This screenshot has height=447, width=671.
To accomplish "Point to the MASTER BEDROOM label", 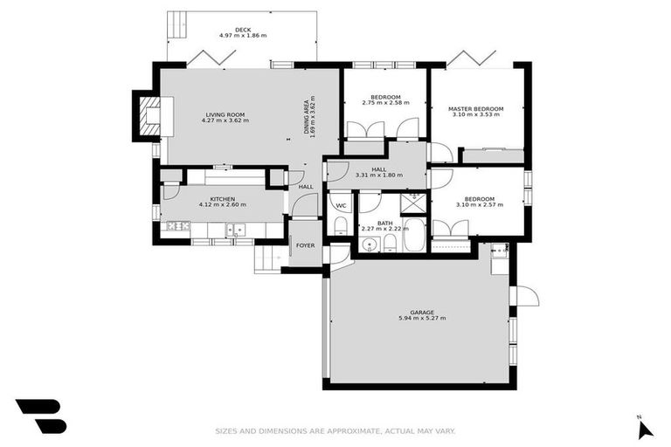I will click(474, 109).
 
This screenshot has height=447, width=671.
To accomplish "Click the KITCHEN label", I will click(222, 199).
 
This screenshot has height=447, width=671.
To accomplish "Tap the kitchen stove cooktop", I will click(177, 226).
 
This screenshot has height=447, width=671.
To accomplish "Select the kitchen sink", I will click(236, 230).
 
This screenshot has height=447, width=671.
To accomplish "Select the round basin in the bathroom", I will click(368, 244).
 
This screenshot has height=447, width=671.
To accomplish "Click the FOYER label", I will click(305, 245).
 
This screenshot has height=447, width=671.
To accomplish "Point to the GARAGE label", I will click(422, 312).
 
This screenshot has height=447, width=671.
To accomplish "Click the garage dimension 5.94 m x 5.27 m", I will click(422, 319).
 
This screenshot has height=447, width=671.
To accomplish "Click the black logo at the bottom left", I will click(40, 416).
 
